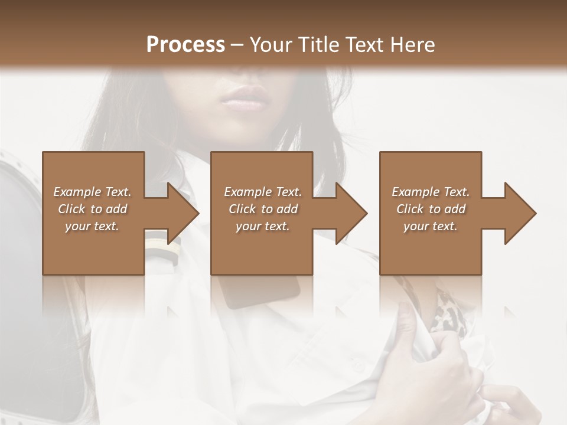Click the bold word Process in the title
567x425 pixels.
pyautogui.click(x=185, y=45)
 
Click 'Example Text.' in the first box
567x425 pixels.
pyautogui.click(x=92, y=192)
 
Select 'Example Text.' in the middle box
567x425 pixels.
pyautogui.click(x=262, y=192)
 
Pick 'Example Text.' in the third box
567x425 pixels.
pyautogui.click(x=431, y=192)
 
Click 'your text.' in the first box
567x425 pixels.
pyautogui.click(x=92, y=226)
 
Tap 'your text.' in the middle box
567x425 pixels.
pyautogui.click(x=262, y=226)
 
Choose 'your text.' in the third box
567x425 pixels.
pyautogui.click(x=431, y=226)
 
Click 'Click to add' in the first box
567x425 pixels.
pyautogui.click(x=92, y=209)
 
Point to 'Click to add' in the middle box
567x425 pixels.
pyautogui.click(x=262, y=209)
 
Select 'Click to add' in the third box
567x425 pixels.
pyautogui.click(x=431, y=209)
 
